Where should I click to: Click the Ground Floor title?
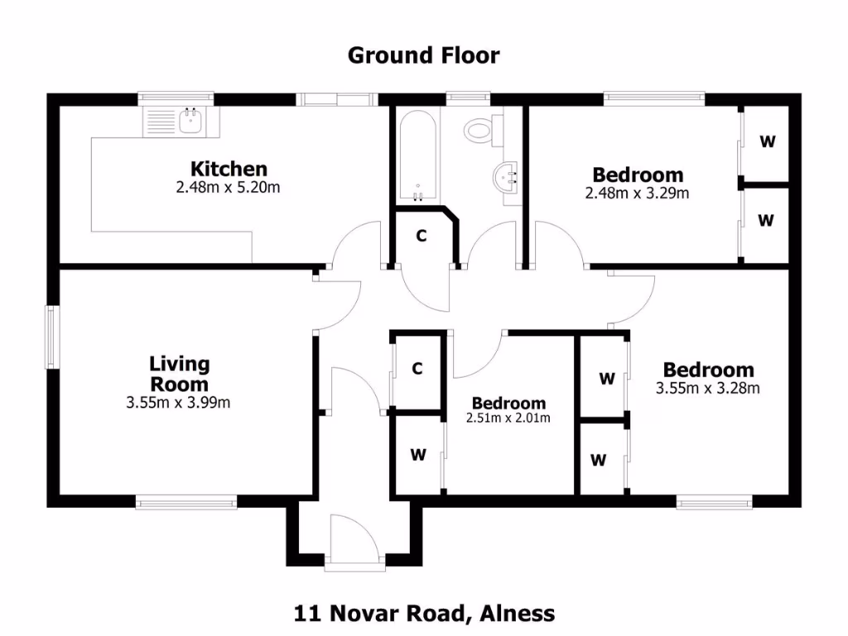(x=423, y=55)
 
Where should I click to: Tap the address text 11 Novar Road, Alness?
(x=424, y=614)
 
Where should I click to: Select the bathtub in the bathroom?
(x=417, y=158)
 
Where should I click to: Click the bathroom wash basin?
(x=507, y=177)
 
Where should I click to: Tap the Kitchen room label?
(x=229, y=169)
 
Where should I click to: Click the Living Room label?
(x=179, y=373)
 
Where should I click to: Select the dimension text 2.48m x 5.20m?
(x=228, y=187)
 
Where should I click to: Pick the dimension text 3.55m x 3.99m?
(x=178, y=403)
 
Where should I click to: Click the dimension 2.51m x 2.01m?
(x=508, y=418)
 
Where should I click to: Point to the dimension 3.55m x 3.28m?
(x=708, y=388)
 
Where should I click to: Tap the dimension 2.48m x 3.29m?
(x=638, y=194)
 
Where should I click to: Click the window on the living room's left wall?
(x=51, y=338)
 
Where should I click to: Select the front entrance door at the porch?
(x=354, y=542)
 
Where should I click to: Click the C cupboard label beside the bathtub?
(x=421, y=236)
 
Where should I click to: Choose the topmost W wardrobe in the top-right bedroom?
(x=768, y=142)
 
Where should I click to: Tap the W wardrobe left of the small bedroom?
(x=417, y=455)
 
